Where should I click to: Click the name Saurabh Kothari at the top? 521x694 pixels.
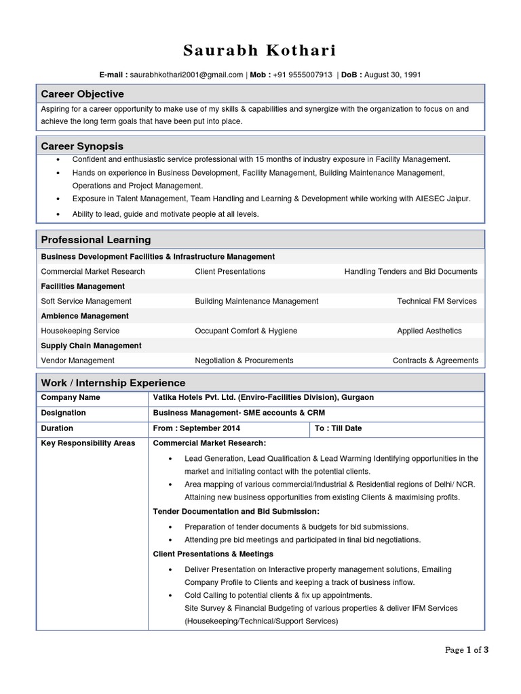(x=260, y=51)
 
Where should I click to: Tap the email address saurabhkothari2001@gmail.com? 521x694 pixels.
(x=187, y=75)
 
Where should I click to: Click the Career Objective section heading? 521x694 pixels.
(x=82, y=94)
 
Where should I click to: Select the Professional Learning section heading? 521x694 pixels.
(x=96, y=240)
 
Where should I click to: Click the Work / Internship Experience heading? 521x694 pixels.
(x=113, y=383)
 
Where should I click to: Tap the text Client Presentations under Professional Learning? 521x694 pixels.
(x=230, y=271)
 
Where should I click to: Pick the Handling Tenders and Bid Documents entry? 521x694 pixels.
(x=410, y=271)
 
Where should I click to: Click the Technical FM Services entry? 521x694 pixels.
(x=436, y=301)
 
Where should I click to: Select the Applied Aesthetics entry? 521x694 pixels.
(x=429, y=331)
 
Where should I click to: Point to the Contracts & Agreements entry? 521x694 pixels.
(x=435, y=361)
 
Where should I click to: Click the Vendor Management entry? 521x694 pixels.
(x=77, y=361)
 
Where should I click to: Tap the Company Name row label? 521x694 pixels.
(x=71, y=397)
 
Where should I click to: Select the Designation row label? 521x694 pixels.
(x=63, y=413)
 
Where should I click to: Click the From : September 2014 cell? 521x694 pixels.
(x=197, y=428)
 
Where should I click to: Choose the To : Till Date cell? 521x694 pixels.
(x=339, y=428)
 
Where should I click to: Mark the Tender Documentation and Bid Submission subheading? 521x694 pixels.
(x=236, y=511)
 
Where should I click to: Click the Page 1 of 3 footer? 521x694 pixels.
(x=467, y=649)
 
